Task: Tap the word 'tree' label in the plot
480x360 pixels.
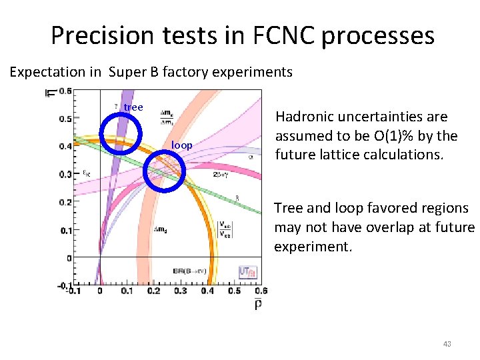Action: (x=133, y=107)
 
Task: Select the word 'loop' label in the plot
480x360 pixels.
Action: (x=182, y=145)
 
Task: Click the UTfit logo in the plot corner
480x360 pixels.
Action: (x=247, y=272)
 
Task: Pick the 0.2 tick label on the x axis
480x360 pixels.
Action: (x=154, y=291)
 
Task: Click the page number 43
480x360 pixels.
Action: (x=447, y=344)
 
